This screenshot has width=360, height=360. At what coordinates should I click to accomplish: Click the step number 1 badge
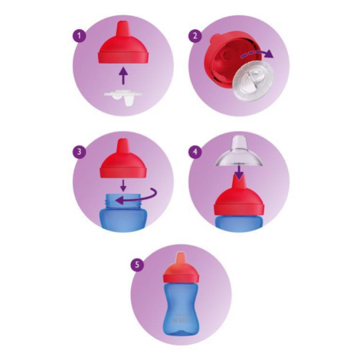click(79, 35)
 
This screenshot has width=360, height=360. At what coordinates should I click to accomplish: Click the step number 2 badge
click(195, 35)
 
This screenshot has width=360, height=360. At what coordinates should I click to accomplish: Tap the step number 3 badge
click(79, 152)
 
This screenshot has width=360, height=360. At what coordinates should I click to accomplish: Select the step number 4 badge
click(195, 152)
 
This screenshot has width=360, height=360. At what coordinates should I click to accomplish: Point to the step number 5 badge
click(137, 264)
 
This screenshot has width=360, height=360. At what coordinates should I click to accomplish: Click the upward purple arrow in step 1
click(123, 76)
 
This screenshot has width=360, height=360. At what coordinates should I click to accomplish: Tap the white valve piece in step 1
click(123, 97)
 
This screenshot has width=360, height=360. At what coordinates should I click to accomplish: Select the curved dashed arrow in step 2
click(257, 52)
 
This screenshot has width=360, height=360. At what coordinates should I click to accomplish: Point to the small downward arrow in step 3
click(123, 185)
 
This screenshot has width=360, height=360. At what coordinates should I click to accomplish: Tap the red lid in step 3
click(123, 159)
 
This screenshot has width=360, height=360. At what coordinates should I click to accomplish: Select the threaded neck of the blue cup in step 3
click(123, 201)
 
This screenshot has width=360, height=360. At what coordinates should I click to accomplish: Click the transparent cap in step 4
click(239, 151)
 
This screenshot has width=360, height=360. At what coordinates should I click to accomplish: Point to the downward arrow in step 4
click(239, 172)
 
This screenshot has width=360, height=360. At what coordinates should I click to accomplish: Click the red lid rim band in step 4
click(239, 209)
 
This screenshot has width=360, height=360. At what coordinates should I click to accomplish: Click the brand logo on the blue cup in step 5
click(181, 319)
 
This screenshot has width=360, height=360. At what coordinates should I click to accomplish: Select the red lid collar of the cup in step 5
click(181, 278)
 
